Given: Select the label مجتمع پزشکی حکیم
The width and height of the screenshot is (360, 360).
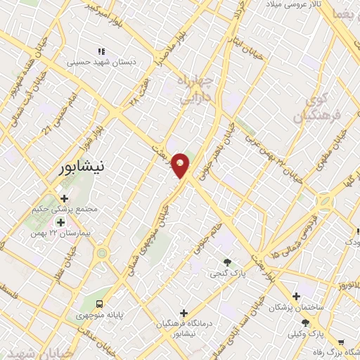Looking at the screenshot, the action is click(66, 210).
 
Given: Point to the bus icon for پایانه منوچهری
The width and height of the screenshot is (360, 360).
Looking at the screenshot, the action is click(100, 304).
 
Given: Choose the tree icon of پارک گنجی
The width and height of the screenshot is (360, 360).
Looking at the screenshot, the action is click(226, 263).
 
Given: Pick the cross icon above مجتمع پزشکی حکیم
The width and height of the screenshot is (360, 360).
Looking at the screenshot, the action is click(65, 199).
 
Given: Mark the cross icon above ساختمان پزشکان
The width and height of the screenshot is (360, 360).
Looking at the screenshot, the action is click(297, 296).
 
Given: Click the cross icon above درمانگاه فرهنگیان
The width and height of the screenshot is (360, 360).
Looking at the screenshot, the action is click(184, 313).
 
